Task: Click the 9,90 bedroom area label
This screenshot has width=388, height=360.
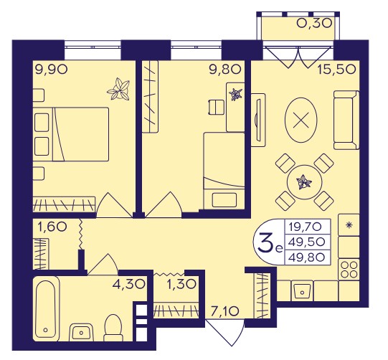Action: click(x=51, y=69)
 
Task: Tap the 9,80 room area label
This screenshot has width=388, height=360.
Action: click(x=224, y=69)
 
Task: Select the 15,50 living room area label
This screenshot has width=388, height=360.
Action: click(x=336, y=69)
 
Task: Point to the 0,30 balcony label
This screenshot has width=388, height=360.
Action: click(x=314, y=24)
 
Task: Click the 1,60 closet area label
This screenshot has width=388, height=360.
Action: click(x=52, y=226)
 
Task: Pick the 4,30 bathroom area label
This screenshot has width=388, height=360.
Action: click(x=128, y=284)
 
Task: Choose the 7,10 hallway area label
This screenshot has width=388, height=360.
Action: click(x=224, y=311)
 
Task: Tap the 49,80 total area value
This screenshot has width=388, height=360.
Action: click(x=307, y=258)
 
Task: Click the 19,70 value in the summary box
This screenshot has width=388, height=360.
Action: click(x=307, y=226)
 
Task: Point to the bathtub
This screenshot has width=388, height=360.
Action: click(x=47, y=308)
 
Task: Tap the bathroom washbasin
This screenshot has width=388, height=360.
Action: click(x=82, y=332)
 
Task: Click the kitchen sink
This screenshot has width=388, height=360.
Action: click(x=302, y=290)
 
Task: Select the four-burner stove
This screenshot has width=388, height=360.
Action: click(x=349, y=270)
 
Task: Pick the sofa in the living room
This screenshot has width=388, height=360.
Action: click(x=346, y=120)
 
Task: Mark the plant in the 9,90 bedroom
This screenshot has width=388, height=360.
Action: click(x=119, y=90)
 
